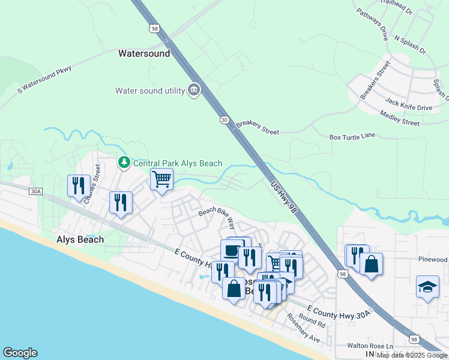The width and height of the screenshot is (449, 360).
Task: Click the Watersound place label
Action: coord(144,53)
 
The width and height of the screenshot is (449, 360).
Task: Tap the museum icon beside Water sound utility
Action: coord(194,91)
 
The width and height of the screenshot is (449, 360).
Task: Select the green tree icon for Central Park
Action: coord(124,163)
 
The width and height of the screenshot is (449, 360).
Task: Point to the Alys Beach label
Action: coord(80,239)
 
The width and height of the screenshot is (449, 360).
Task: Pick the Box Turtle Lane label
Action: coord(352,137)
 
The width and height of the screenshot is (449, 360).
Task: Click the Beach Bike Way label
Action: coord(217,217)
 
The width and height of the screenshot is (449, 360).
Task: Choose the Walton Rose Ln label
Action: coord(370,346)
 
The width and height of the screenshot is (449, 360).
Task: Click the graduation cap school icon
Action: coord(427,287)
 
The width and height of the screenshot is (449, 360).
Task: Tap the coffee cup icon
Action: coord(232,250)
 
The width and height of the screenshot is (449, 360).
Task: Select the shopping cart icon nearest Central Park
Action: coord(161,179)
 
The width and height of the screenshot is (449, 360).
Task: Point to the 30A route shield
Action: coord(36,191)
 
